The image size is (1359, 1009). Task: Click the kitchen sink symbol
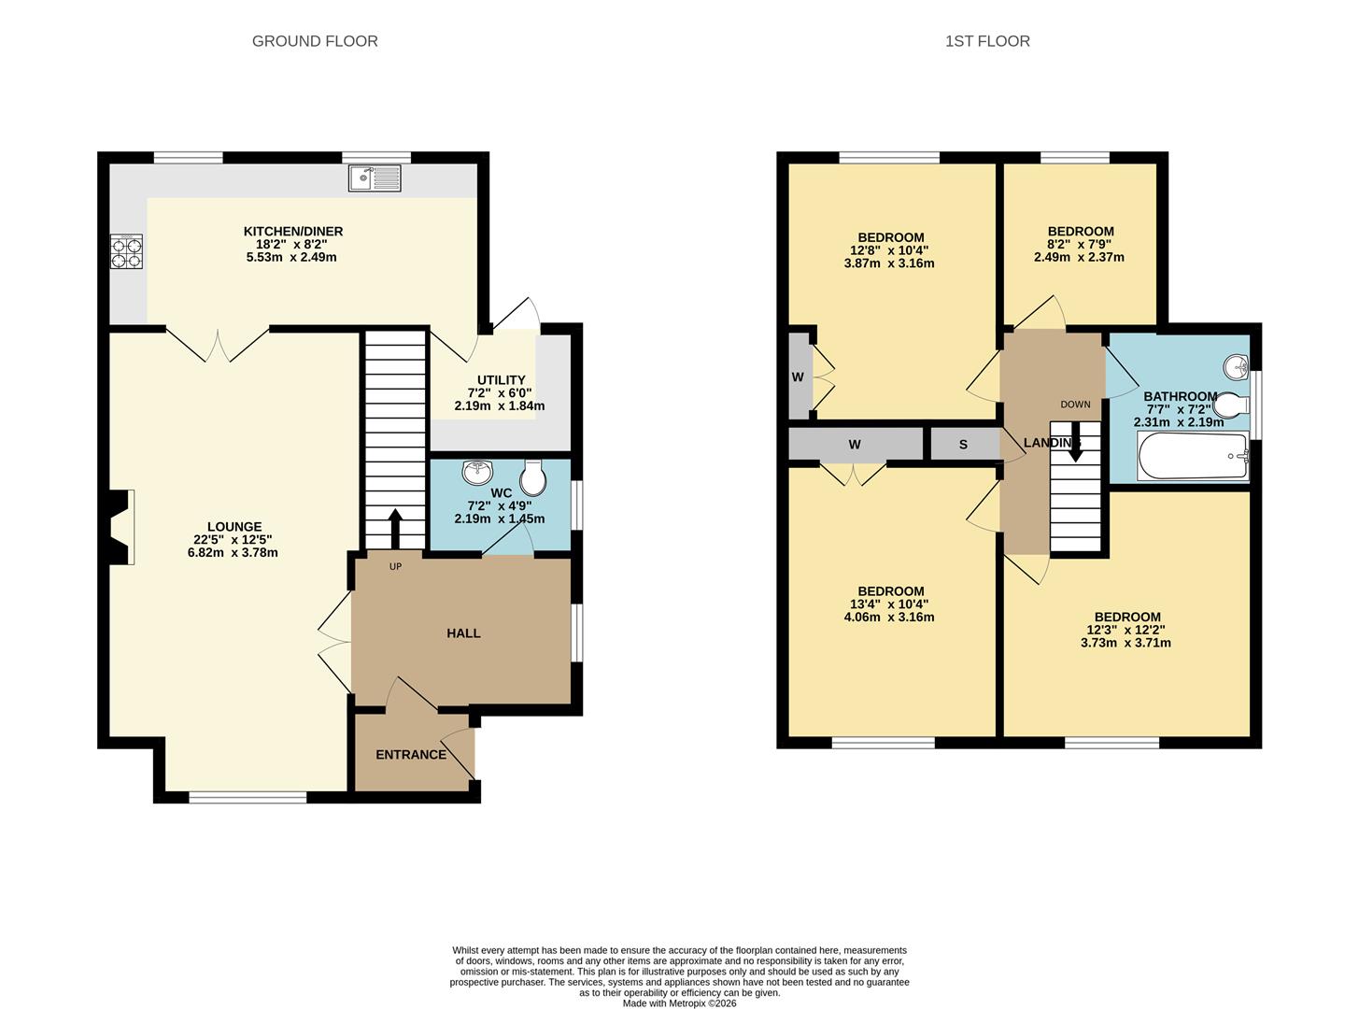[375, 178]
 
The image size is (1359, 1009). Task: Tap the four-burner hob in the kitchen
[127, 251]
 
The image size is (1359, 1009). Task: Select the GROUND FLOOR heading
[315, 41]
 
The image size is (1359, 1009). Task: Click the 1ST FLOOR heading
[987, 41]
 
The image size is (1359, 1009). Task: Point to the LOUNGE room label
[234, 527]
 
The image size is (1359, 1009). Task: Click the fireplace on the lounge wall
[120, 528]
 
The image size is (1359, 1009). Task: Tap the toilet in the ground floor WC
[534, 478]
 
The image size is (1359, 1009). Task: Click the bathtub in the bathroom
[1193, 457]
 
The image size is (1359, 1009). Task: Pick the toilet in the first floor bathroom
[1232, 405]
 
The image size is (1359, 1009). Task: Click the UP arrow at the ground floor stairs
[395, 529]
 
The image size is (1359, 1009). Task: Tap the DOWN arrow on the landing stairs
[1075, 444]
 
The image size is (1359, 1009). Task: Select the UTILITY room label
[502, 380]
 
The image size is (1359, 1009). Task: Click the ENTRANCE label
[411, 755]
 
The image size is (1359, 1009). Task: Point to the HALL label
[463, 633]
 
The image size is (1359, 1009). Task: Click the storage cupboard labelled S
[964, 445]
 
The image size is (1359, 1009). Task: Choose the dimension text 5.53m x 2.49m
[291, 257]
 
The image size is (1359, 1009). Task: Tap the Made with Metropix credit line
[679, 1003]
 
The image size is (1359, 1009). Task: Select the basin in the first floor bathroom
[1237, 367]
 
